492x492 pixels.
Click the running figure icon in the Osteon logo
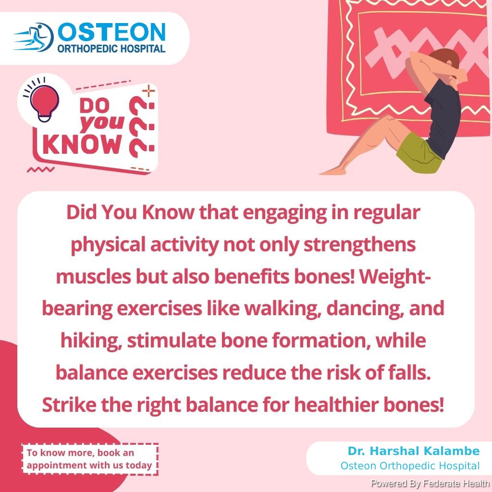(35, 37)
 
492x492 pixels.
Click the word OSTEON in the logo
(111, 32)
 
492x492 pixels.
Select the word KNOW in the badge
(82, 145)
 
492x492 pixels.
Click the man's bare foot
(332, 171)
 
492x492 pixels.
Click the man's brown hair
(445, 59)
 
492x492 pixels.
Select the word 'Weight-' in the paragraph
(395, 276)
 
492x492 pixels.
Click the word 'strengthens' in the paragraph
(359, 245)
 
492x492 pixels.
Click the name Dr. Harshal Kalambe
(414, 451)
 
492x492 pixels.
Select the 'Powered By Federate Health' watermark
(430, 483)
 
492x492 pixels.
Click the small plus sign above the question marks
(149, 91)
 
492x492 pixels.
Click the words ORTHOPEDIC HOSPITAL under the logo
(111, 49)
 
